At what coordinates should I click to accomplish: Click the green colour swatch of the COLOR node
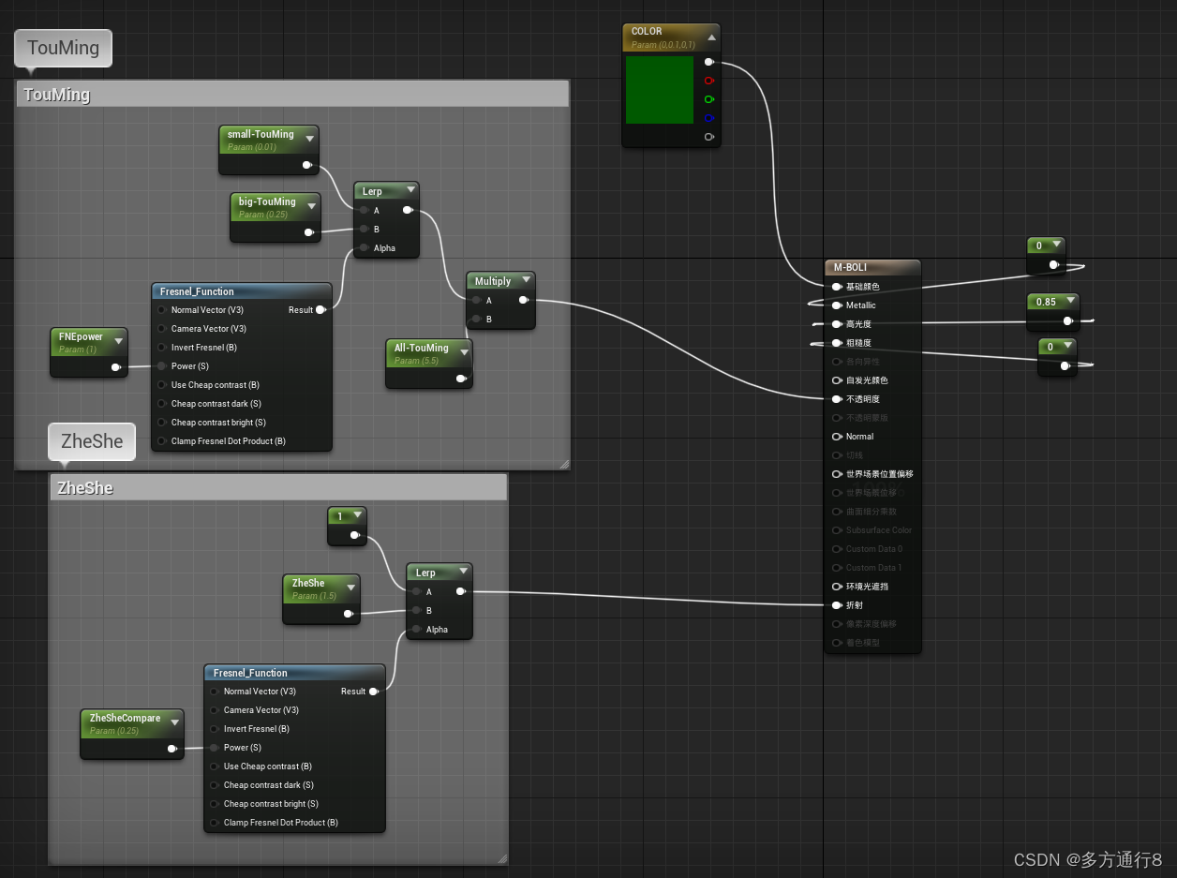659,90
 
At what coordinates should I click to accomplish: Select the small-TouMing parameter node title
261,135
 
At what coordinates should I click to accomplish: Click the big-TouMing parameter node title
267,202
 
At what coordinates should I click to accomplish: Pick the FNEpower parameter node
81,337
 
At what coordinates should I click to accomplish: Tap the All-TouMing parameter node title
421,349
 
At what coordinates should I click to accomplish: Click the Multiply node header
493,281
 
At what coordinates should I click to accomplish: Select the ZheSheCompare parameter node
125,719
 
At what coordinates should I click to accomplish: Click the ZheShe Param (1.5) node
308,584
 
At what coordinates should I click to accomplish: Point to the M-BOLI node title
850,268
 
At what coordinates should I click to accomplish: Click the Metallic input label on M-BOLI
860,305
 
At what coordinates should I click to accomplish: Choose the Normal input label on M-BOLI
859,437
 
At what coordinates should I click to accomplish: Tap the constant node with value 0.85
1046,303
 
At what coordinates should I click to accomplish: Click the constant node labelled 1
340,516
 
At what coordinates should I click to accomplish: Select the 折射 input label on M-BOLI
854,605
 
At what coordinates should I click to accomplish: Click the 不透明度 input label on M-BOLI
862,399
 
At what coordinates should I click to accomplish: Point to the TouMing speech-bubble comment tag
63,48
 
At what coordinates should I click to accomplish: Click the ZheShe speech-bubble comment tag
92,441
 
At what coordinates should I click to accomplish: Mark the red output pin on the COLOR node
708,81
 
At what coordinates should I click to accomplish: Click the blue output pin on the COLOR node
708,118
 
